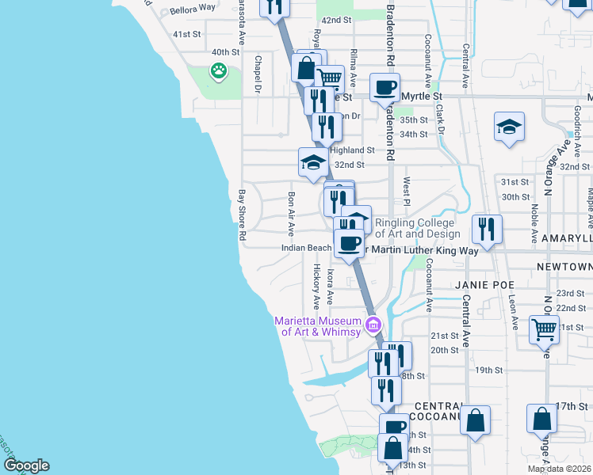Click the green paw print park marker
point(218,71)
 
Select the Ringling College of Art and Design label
point(417,228)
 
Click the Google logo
point(26,465)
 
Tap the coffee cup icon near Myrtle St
point(385,87)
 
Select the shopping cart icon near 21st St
point(544,329)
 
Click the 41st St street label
point(187,34)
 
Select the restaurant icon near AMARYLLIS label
point(486,229)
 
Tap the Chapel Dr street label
point(258,74)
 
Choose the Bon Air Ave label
point(292,214)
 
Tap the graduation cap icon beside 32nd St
point(313,163)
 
